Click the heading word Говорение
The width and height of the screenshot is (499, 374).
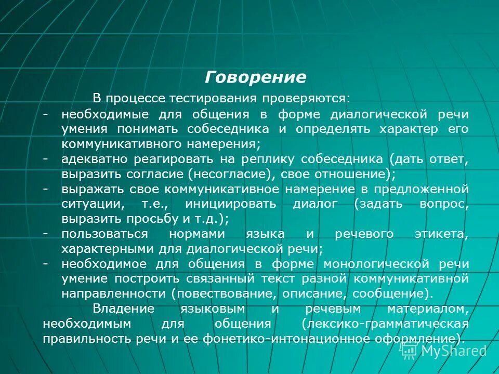[x=255, y=77]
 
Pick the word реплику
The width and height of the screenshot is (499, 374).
[x=243, y=158]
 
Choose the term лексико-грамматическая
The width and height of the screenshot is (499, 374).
[x=385, y=324]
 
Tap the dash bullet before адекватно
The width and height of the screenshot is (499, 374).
[x=47, y=158]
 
